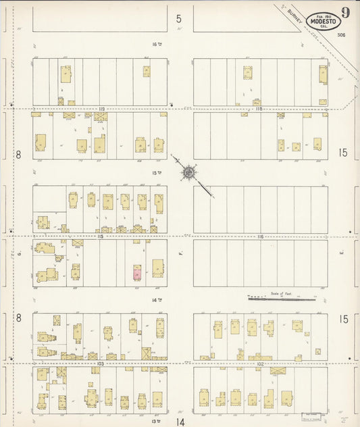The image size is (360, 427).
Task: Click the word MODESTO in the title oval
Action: click(x=323, y=22)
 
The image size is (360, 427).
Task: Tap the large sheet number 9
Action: click(x=345, y=12)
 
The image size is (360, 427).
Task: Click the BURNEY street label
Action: click(x=292, y=21)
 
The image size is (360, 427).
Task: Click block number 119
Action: click(x=101, y=108)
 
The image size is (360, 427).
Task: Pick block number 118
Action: click(x=259, y=108)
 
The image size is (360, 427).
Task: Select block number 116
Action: click(x=260, y=236)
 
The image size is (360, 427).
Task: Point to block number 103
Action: click(x=100, y=363)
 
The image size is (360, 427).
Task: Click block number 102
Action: click(x=260, y=363)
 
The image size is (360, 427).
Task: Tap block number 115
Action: click(x=100, y=236)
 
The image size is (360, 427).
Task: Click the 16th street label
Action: click(x=158, y=44)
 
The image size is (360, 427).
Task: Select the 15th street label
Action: click(x=158, y=173)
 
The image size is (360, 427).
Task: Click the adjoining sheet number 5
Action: click(x=179, y=19)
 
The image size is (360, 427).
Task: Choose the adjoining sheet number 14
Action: click(x=180, y=422)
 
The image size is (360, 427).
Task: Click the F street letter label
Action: click(x=181, y=253)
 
